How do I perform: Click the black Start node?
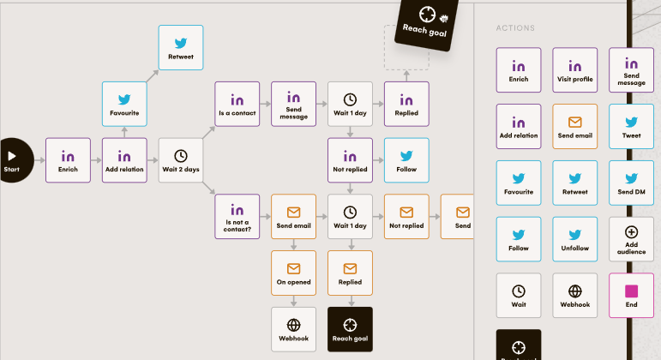(x=12, y=160)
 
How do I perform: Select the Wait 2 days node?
(x=181, y=160)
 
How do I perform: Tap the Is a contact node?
(x=237, y=104)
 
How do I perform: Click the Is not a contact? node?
(x=237, y=217)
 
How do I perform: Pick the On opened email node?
(x=293, y=273)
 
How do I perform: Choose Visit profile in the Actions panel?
(x=575, y=69)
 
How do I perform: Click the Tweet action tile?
(x=631, y=126)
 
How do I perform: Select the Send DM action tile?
(x=631, y=183)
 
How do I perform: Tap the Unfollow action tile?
(x=575, y=238)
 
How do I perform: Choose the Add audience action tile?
(x=631, y=238)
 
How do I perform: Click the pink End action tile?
(x=631, y=295)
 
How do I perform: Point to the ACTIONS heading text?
(x=515, y=28)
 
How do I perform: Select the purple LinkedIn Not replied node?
(x=350, y=160)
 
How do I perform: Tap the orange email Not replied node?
(x=406, y=217)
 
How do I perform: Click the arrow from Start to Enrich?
(x=39, y=160)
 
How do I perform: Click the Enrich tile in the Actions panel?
(x=519, y=69)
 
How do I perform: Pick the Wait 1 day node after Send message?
(x=350, y=104)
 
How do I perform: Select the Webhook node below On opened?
(x=293, y=329)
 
